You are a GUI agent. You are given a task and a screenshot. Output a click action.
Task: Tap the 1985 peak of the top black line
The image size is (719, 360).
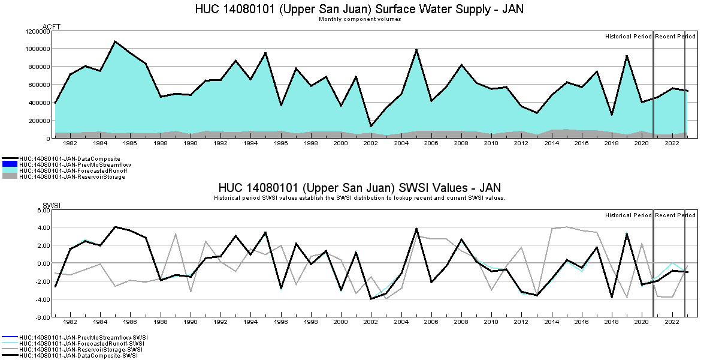click(115, 41)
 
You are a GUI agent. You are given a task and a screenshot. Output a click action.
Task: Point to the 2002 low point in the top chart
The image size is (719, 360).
click(371, 126)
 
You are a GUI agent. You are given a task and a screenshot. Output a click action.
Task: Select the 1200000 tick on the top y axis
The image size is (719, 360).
click(37, 31)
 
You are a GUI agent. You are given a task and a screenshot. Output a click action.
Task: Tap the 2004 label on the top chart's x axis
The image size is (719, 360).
click(401, 144)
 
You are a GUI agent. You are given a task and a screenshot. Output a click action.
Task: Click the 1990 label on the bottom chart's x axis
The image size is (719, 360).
click(191, 322)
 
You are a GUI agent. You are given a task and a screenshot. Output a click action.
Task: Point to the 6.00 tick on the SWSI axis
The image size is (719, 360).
click(42, 210)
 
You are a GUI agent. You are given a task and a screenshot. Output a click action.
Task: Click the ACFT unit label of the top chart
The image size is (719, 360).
click(52, 26)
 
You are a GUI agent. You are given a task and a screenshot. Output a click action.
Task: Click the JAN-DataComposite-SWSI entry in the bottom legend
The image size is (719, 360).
click(78, 356)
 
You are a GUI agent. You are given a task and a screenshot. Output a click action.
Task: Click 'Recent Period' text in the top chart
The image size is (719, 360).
click(675, 37)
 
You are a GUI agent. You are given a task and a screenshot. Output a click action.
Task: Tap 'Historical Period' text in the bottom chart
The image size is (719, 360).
click(628, 215)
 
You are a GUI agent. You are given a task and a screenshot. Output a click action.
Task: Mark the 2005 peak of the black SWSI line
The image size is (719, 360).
click(416, 229)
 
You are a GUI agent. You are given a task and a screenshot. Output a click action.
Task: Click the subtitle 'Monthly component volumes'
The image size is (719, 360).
click(359, 19)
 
